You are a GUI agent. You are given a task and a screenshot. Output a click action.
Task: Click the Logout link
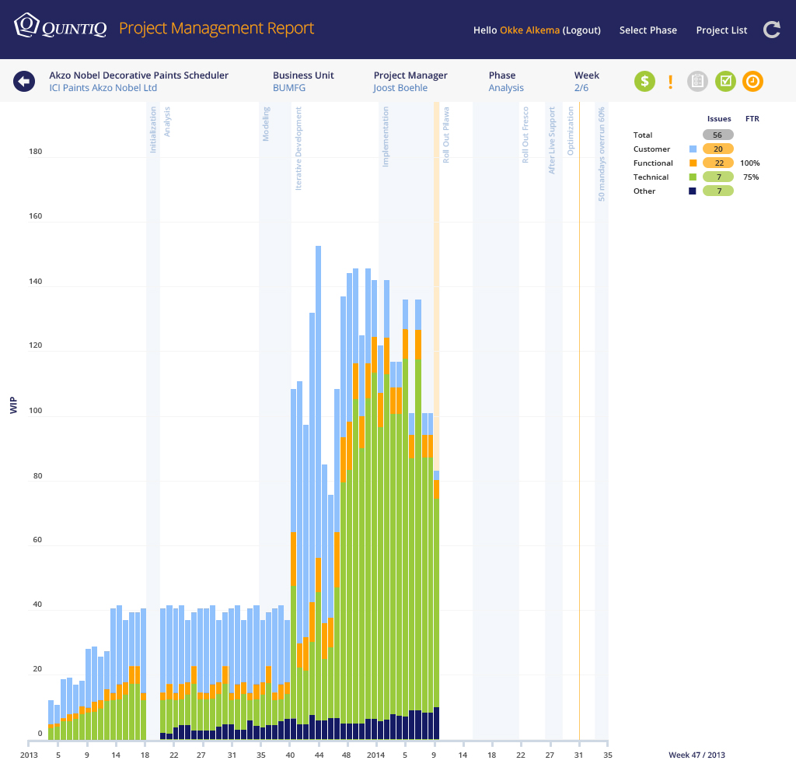pos(581,30)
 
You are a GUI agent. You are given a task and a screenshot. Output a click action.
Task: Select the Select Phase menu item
pos(648,30)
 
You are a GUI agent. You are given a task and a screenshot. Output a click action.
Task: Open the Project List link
pos(721,30)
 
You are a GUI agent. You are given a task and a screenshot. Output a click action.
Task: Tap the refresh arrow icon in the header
pos(771,30)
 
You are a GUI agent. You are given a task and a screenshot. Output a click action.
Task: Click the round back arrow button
pos(23,81)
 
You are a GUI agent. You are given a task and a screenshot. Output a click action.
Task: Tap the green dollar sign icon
pos(644,81)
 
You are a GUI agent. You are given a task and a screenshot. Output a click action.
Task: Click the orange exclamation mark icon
pos(670,81)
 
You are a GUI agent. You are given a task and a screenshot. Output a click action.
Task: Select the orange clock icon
pos(752,81)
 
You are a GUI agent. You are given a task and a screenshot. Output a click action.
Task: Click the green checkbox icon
pos(725,81)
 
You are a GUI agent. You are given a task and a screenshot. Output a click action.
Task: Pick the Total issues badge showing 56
pos(717,135)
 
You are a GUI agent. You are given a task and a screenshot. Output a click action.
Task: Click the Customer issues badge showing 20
pos(717,149)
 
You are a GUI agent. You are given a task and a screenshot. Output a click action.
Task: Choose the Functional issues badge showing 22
pos(717,163)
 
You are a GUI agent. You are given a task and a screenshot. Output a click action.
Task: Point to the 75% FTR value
pos(751,177)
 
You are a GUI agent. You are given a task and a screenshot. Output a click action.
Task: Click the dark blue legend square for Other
pos(692,191)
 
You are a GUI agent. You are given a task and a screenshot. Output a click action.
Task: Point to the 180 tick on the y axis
pos(35,152)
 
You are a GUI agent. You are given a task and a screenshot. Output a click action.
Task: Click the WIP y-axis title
pos(14,405)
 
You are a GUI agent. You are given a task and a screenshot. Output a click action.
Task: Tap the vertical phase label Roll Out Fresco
pos(525,135)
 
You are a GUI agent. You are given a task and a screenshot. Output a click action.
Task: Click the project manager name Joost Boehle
pos(400,88)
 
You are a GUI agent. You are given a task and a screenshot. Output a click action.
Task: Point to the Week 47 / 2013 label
pos(696,755)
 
